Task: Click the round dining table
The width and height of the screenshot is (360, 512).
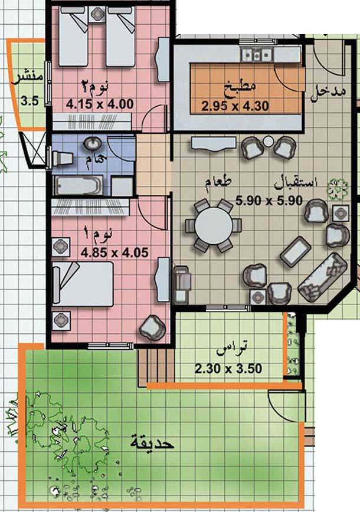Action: (214, 226)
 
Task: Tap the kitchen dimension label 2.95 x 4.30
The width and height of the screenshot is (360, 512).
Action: (235, 106)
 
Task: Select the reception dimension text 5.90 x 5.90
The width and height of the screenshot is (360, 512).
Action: (269, 201)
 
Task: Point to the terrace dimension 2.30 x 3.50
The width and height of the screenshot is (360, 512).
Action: (228, 369)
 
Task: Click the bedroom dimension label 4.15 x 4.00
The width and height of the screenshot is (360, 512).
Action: (100, 104)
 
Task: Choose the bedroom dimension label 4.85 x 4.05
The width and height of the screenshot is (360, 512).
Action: (114, 252)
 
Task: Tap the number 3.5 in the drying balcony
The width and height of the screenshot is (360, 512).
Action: (30, 101)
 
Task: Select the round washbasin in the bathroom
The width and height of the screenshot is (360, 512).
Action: (93, 143)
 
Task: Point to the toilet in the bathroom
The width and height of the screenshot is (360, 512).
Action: (62, 157)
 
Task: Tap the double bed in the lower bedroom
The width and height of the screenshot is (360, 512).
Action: (83, 284)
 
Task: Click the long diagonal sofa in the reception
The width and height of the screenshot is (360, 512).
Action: (323, 276)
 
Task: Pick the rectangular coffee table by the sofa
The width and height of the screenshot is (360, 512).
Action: (296, 251)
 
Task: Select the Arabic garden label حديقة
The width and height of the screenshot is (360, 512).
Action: (152, 443)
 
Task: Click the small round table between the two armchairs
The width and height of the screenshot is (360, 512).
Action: (268, 142)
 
